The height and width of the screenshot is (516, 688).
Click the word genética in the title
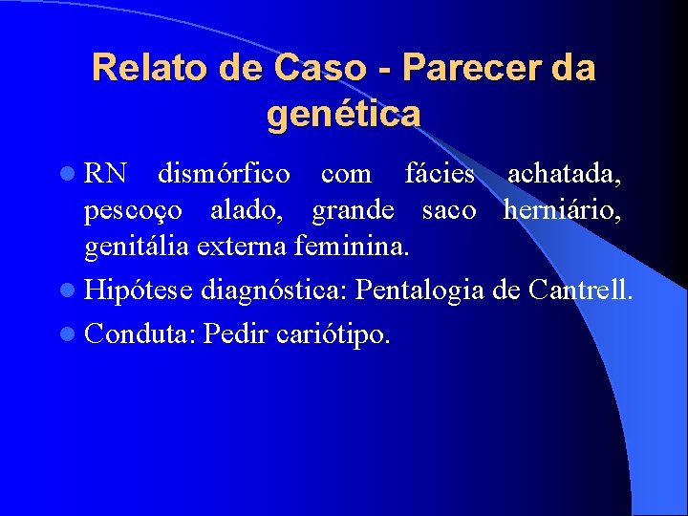(344, 114)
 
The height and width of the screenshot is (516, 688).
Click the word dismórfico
(224, 175)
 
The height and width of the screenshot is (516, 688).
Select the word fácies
(440, 175)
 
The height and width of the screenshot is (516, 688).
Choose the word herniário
(563, 210)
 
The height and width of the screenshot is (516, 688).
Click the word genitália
(138, 247)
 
